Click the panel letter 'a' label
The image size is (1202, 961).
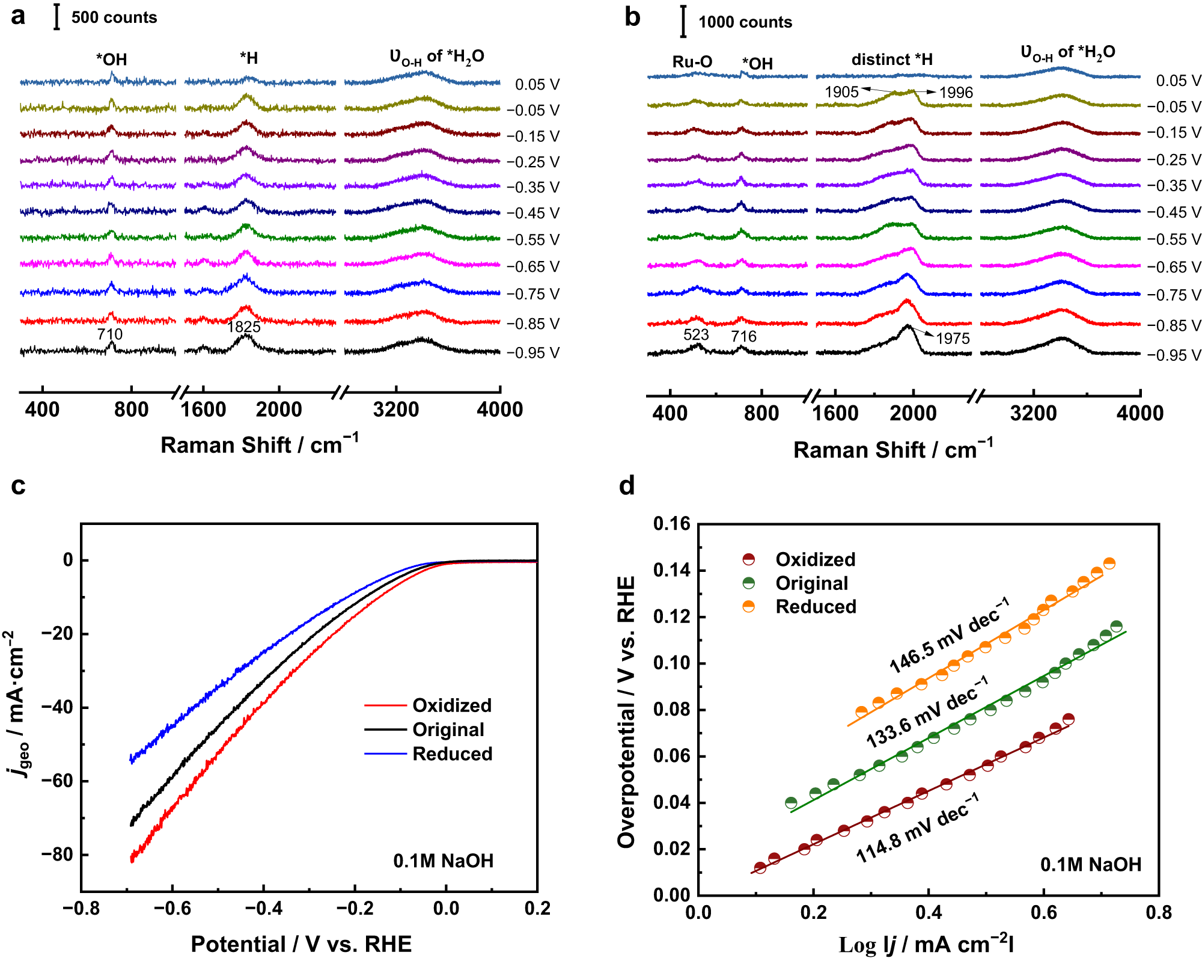18,16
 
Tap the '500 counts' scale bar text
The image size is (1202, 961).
114,17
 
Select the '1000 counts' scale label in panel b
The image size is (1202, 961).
745,22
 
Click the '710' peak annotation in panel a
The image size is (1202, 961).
110,334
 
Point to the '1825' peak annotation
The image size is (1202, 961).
243,327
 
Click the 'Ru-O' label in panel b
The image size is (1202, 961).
692,62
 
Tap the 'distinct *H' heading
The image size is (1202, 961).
892,60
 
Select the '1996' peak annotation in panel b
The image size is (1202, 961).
956,93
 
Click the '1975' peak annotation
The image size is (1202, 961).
953,338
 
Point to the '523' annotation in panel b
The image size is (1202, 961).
696,335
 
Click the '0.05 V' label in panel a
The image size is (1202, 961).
537,84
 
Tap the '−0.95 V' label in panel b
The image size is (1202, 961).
1174,355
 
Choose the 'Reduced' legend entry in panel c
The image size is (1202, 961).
452,754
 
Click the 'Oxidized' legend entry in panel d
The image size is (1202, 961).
815,559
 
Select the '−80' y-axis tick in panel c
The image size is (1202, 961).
58,854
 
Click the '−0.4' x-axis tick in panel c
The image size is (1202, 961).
263,908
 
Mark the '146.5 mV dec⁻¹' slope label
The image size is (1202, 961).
950,635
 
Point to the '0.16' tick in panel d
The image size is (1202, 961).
671,524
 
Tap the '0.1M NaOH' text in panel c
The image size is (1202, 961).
443,861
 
